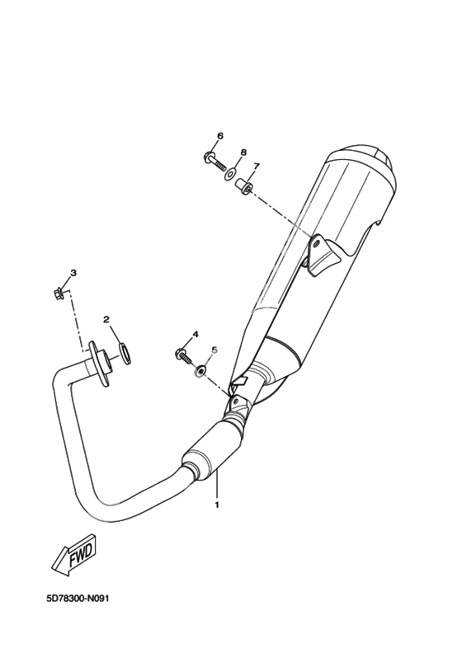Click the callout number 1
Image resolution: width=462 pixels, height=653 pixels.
click(217, 505)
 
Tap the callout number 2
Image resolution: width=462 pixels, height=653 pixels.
click(106, 319)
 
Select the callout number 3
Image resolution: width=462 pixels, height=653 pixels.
click(73, 273)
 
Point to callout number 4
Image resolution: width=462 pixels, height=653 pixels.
click(196, 334)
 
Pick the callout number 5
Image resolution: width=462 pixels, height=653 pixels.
click(215, 350)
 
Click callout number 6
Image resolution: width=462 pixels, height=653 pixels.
click(220, 136)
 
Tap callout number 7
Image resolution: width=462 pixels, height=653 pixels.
click(257, 167)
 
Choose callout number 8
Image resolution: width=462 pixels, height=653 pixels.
click(243, 152)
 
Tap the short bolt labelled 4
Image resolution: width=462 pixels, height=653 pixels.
click(183, 356)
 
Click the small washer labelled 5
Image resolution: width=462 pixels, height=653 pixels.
click(200, 370)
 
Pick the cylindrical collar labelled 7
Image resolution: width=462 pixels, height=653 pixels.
click(244, 186)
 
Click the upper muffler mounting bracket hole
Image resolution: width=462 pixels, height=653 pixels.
click(317, 242)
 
